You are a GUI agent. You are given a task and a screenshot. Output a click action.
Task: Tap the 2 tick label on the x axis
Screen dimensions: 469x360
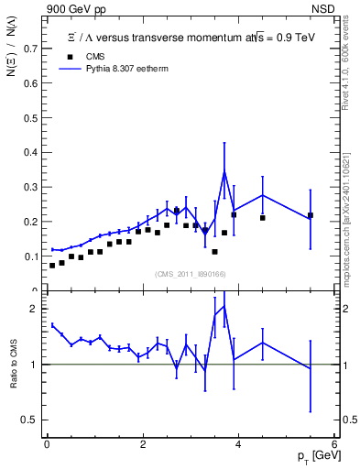tap(143, 444)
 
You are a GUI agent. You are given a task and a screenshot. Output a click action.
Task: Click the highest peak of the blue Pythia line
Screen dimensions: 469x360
tap(224, 171)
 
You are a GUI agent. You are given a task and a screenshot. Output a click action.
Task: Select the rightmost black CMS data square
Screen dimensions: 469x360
tap(311, 215)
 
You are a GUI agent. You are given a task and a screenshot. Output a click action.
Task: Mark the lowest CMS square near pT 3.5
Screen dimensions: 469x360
tap(214, 251)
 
